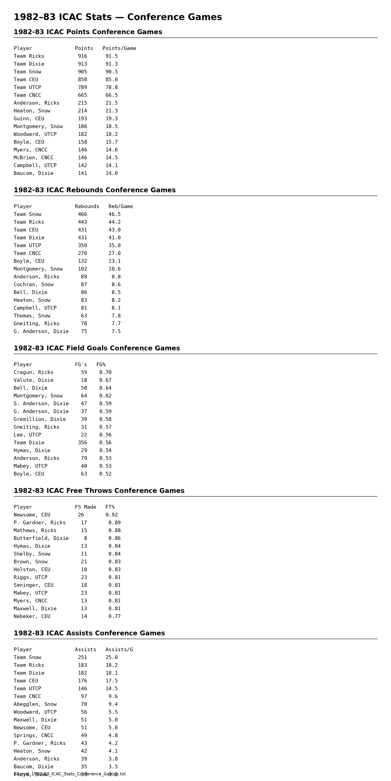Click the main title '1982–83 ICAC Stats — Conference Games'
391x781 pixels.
(118, 17)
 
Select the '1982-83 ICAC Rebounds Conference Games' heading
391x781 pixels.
(94, 190)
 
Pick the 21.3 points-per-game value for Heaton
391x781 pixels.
(111, 111)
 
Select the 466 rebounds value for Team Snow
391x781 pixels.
(82, 214)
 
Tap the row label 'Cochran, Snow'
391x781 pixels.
(33, 285)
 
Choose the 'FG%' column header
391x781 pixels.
(101, 365)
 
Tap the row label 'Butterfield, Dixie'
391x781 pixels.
(41, 538)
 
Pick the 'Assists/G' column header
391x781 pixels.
(119, 650)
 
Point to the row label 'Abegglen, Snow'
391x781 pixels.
(35, 704)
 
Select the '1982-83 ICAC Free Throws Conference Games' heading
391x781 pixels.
(99, 491)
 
